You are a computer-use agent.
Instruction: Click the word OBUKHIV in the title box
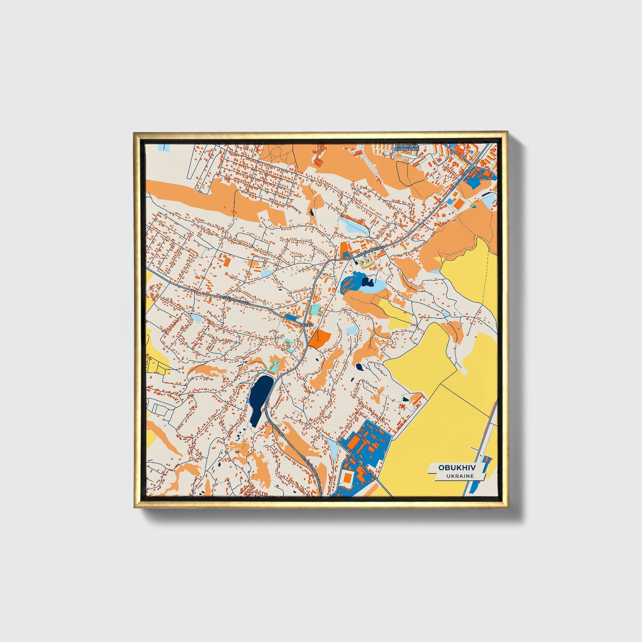point(456,467)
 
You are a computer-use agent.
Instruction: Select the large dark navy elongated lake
point(260,398)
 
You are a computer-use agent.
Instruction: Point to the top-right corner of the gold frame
point(506,132)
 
